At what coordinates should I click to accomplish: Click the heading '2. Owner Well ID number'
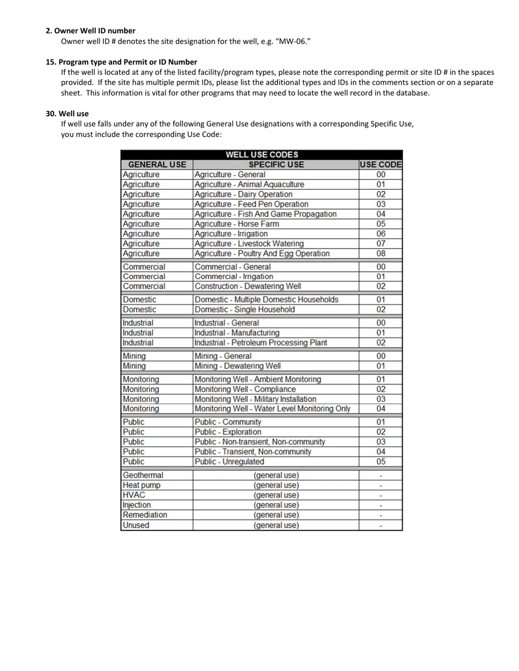[91, 31]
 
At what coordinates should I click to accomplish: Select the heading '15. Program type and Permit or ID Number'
[121, 62]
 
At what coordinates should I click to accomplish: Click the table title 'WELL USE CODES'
[262, 155]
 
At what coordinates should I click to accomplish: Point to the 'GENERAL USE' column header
[157, 164]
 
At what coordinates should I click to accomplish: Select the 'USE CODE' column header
[381, 164]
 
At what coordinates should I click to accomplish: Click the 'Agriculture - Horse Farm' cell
[237, 224]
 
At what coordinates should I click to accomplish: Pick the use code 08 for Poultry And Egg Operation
[381, 254]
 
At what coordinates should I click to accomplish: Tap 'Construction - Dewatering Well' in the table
[247, 286]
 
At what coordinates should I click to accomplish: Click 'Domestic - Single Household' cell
[245, 309]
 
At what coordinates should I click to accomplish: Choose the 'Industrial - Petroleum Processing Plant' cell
[261, 343]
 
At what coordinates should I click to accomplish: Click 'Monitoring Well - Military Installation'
[255, 399]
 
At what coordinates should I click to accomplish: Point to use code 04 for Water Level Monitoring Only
[381, 409]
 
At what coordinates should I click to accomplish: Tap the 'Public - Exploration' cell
[228, 432]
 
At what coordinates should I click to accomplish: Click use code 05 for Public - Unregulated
[381, 462]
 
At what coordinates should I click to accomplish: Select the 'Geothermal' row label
[143, 475]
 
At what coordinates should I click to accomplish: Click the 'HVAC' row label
[134, 495]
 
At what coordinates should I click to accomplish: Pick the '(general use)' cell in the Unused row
[276, 525]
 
